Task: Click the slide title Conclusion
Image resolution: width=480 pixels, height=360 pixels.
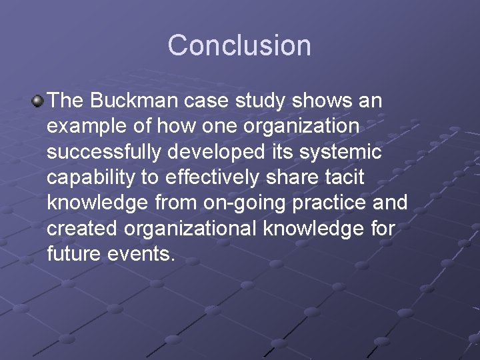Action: [239, 45]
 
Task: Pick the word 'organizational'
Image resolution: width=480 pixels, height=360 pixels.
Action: [189, 228]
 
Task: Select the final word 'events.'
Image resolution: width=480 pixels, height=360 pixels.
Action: [145, 253]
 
